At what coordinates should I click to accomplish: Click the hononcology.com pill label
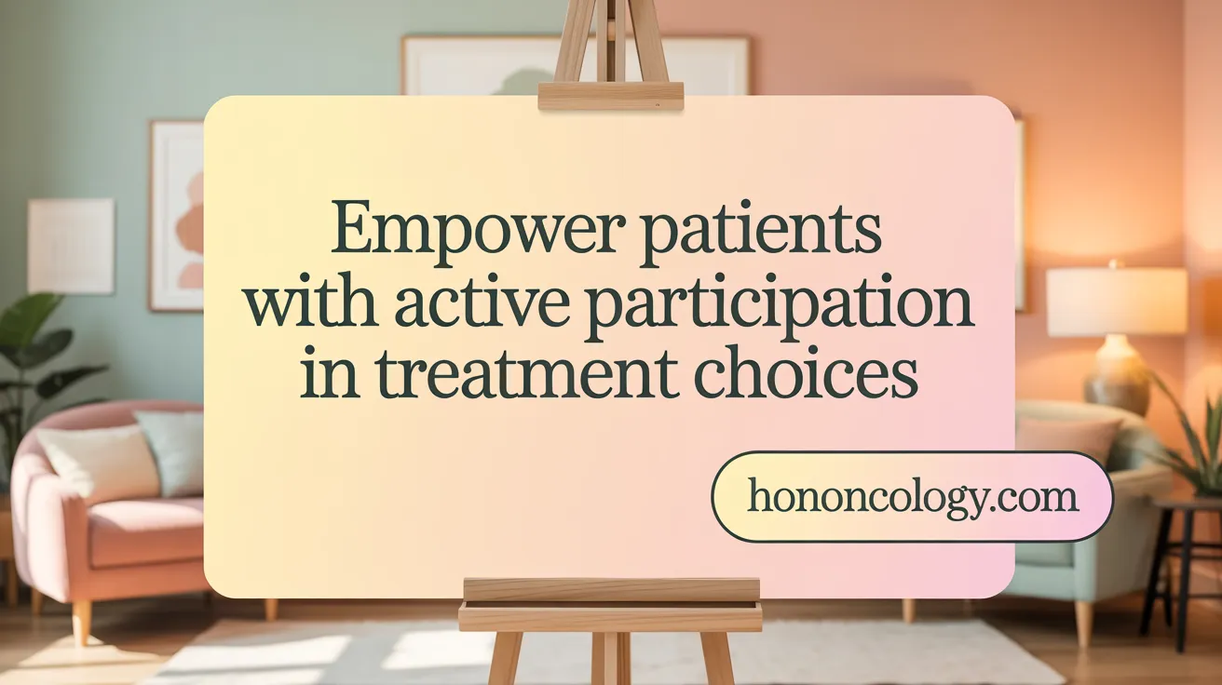click(912, 497)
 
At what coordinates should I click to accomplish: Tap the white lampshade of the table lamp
click(1116, 302)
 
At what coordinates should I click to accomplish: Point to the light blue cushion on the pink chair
click(172, 451)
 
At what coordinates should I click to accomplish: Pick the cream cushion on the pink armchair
click(98, 463)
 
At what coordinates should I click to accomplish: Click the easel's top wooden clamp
click(610, 96)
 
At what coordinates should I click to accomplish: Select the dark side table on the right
click(1183, 558)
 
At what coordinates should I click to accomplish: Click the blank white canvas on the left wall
click(71, 246)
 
